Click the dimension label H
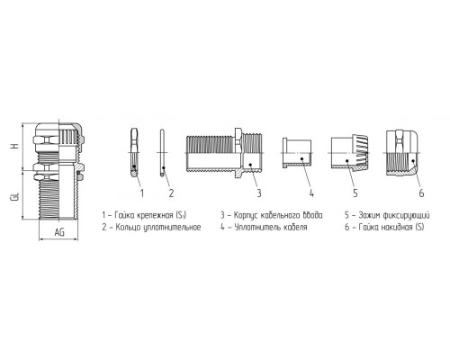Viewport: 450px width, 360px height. pyautogui.click(x=16, y=146)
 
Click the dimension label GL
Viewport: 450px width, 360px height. pyautogui.click(x=16, y=196)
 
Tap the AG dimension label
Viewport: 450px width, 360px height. pyautogui.click(x=59, y=232)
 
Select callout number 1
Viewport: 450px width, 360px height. pyautogui.click(x=142, y=193)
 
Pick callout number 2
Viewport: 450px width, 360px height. pyautogui.click(x=171, y=193)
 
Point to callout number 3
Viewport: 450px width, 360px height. pyautogui.click(x=259, y=193)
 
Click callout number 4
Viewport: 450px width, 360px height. pyautogui.click(x=311, y=193)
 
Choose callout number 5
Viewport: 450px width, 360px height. pyautogui.click(x=355, y=193)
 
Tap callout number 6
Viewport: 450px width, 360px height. pyautogui.click(x=421, y=193)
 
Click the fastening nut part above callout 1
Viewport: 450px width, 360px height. pyautogui.click(x=134, y=152)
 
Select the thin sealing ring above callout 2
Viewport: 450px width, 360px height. pyautogui.click(x=162, y=152)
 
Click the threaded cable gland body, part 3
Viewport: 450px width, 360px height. pyautogui.click(x=224, y=152)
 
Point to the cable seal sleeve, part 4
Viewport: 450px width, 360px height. pyautogui.click(x=297, y=153)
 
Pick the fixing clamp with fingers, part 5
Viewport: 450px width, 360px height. pyautogui.click(x=349, y=153)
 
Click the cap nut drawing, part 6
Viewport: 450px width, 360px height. pyautogui.click(x=401, y=153)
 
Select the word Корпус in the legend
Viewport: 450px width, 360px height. pyautogui.click(x=246, y=216)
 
